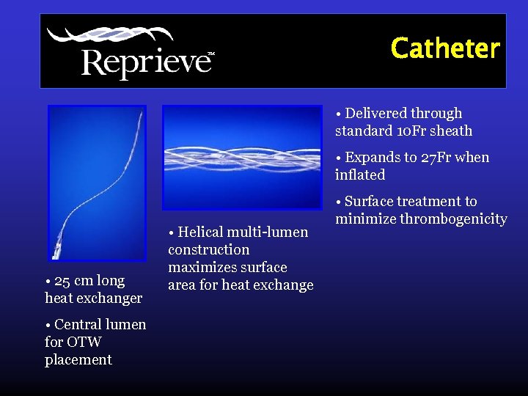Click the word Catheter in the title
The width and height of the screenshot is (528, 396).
445,48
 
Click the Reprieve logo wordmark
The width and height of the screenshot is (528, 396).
144,62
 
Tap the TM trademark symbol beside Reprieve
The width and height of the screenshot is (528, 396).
211,54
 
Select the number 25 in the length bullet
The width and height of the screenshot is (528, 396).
63,281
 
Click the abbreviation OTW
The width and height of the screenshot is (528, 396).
84,342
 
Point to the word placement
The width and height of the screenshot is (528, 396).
78,359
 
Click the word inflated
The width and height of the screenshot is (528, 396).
360,175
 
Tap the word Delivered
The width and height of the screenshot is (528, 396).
379,114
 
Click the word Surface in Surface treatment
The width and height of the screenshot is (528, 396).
370,202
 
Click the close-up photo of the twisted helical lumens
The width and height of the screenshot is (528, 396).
241,157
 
